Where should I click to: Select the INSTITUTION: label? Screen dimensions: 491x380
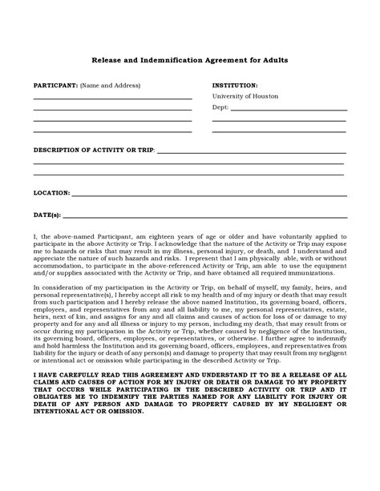235,85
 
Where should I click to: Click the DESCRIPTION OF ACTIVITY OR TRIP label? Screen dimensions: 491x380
93,150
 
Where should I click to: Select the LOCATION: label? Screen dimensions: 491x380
51,193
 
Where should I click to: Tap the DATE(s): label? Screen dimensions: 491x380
46,215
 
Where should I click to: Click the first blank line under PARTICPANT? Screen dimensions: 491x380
112,99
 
